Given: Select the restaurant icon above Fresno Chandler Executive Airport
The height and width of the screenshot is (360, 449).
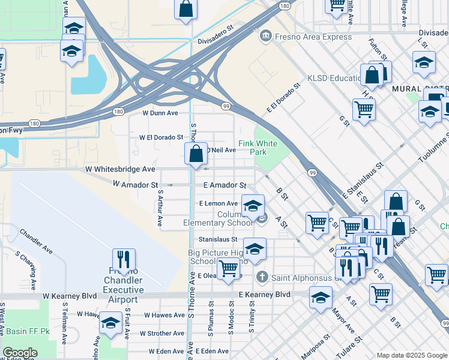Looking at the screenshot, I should click(124, 259).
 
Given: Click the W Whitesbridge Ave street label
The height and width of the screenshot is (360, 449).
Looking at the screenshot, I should click(121, 170).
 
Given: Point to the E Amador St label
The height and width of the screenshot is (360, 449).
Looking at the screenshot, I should click(224, 186).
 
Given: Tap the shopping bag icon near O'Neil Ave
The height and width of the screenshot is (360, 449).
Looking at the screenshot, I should click(196, 154).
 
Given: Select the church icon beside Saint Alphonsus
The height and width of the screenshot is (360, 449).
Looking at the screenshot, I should click(262, 277).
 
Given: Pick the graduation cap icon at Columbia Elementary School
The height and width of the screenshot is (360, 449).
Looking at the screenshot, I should click(253, 206).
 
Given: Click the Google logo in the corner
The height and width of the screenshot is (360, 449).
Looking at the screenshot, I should click(20, 353).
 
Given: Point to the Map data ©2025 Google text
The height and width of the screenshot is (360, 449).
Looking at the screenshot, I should click(412, 355).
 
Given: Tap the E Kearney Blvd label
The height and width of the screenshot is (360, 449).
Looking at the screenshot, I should click(264, 295).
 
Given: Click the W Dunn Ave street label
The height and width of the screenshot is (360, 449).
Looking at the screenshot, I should click(160, 113).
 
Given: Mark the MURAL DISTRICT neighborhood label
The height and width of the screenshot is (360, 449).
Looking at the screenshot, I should click(420, 89).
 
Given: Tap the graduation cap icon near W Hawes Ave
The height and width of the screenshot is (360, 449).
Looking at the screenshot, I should click(110, 323).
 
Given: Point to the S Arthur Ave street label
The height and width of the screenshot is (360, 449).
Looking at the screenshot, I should click(160, 208).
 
